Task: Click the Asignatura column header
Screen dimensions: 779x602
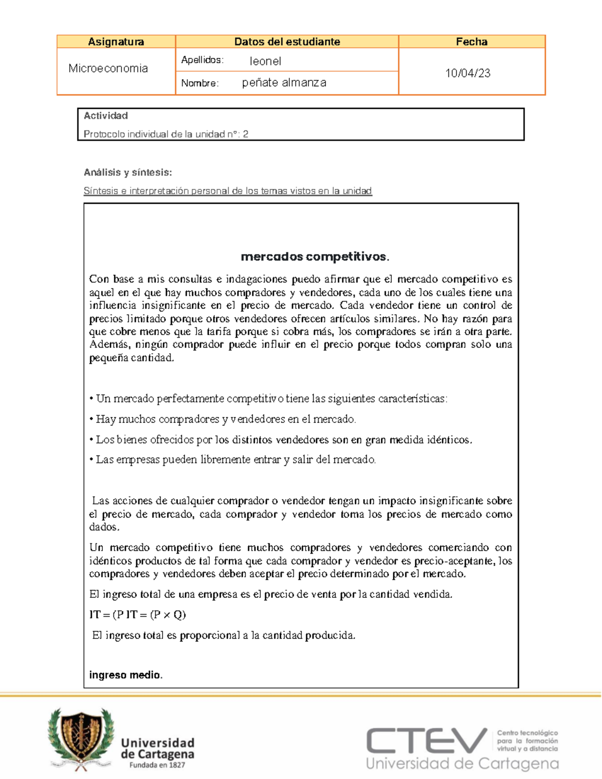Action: click(116, 42)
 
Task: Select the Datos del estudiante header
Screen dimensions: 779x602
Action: click(287, 42)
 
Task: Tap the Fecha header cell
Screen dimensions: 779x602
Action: click(472, 42)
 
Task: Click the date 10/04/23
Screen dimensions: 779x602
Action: click(468, 73)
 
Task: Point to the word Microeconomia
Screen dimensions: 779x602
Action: click(108, 68)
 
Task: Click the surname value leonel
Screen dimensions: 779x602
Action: click(265, 61)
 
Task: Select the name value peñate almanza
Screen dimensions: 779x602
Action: click(284, 83)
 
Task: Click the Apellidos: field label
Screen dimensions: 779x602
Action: click(202, 60)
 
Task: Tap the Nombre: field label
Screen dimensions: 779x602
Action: click(200, 83)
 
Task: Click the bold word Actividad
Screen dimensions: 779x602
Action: click(105, 116)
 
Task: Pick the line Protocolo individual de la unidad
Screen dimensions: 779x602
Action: click(166, 134)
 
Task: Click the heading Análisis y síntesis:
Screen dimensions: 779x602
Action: click(127, 173)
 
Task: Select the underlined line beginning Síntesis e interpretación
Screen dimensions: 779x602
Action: click(228, 191)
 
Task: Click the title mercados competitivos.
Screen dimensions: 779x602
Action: click(315, 257)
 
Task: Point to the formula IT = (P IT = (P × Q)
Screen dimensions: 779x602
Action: click(137, 615)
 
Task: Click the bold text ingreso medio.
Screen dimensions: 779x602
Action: click(125, 675)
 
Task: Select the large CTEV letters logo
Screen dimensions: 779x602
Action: click(426, 741)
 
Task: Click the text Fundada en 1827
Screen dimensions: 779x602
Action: click(157, 765)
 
